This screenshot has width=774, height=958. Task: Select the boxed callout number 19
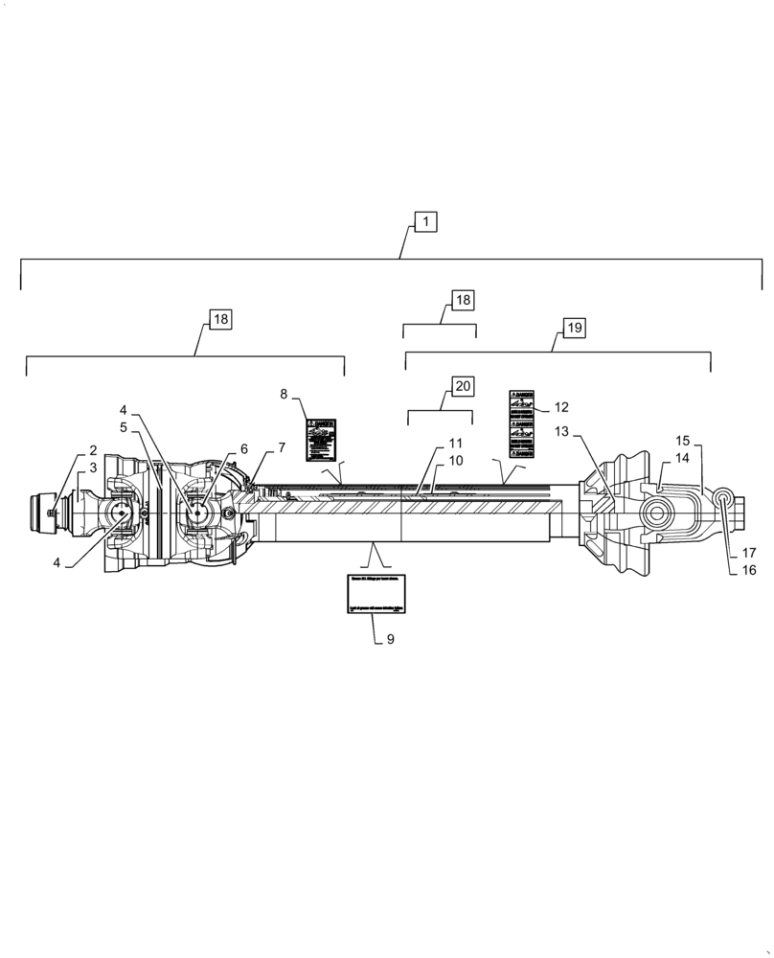[573, 328]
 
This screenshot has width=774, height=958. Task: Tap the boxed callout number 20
[463, 387]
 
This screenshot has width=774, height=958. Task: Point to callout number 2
[93, 450]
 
